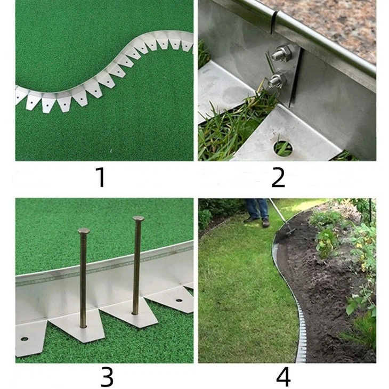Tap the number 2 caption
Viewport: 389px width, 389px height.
click(x=278, y=177)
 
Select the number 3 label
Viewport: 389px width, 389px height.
click(x=107, y=376)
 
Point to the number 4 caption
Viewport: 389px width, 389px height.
click(x=283, y=376)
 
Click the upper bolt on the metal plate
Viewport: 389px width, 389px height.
click(x=280, y=53)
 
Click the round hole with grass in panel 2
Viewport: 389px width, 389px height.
click(x=282, y=148)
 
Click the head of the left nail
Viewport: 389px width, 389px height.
click(x=83, y=231)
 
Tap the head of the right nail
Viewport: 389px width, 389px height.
click(x=138, y=218)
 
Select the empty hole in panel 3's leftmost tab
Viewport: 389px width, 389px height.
click(x=25, y=338)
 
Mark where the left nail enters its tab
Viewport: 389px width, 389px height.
click(x=83, y=326)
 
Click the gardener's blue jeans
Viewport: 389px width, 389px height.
click(x=257, y=208)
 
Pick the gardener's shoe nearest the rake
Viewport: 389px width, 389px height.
click(x=265, y=222)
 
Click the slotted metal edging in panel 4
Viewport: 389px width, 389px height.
click(x=298, y=320)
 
